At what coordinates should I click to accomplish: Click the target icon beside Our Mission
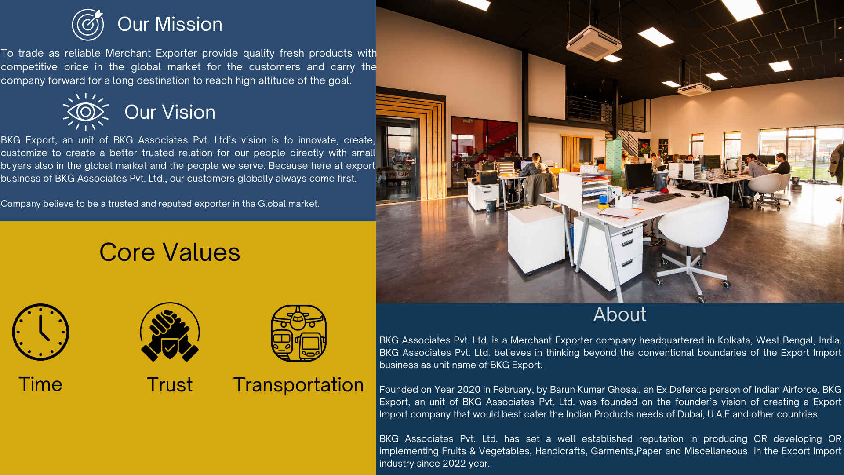[88, 25]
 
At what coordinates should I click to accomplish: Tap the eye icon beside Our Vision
[86, 112]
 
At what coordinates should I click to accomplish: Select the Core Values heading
[170, 252]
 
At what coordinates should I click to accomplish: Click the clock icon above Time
[40, 332]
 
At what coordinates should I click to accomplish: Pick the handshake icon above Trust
[170, 332]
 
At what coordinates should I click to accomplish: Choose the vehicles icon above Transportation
[298, 333]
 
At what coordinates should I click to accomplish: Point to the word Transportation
[298, 385]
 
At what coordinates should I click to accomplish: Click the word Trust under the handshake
[170, 385]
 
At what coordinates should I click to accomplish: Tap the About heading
[620, 314]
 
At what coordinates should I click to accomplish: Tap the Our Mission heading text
[170, 24]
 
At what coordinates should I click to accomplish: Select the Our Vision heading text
[170, 112]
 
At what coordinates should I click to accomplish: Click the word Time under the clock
[40, 384]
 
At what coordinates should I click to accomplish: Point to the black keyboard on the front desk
[660, 198]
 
